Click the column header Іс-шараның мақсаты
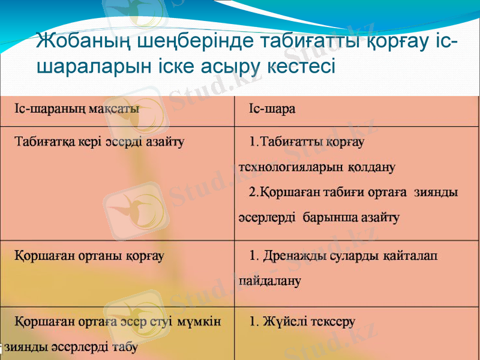tap(77, 109)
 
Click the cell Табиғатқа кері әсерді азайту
tap(99, 142)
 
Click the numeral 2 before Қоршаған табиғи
tap(253, 193)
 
